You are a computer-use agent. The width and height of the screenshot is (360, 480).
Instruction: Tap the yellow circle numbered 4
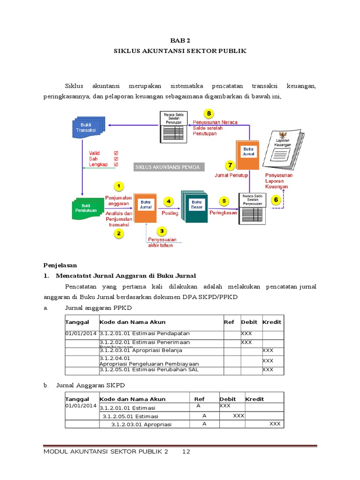tap(168, 201)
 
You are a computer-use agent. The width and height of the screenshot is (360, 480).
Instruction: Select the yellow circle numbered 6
tap(276, 200)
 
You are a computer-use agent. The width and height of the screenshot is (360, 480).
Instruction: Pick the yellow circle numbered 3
tap(162, 231)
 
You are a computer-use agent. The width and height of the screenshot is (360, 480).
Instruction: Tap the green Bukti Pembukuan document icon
tap(87, 208)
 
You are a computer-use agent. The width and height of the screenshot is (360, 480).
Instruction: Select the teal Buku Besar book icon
tap(195, 206)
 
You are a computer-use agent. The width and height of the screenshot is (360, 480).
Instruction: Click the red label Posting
tap(170, 213)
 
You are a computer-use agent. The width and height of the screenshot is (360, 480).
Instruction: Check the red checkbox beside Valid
tap(116, 153)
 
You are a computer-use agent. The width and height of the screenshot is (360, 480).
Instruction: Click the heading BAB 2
tap(180, 41)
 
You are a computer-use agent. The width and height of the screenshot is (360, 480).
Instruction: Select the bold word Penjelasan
tap(60, 265)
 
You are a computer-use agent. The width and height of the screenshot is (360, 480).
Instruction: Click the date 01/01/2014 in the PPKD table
tap(81, 333)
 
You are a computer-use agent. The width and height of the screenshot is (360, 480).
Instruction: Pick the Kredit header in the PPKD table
tap(272, 322)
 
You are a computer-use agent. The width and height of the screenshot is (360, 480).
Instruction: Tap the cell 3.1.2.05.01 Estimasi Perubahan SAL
tap(149, 370)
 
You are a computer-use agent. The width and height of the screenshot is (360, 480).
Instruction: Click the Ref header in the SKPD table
tap(199, 399)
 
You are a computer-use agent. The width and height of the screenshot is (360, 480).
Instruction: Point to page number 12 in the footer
tap(186, 452)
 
